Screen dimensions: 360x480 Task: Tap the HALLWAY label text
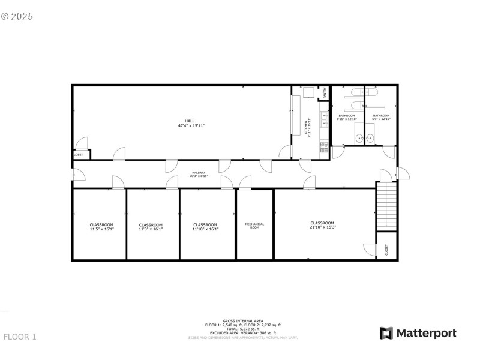point(198,173)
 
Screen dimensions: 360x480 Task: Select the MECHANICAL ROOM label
point(254,226)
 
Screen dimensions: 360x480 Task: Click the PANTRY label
point(325,92)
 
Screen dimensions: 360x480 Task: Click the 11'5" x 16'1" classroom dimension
point(101,229)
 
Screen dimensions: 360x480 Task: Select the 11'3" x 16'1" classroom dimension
point(151,229)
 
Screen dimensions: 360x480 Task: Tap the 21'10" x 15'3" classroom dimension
point(322,227)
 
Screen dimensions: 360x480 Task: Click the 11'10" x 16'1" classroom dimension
point(205,229)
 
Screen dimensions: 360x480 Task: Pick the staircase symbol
point(386,206)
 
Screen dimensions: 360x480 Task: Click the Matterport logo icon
point(386,333)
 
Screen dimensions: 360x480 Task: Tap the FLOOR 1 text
point(20,337)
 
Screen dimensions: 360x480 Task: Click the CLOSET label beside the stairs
point(386,249)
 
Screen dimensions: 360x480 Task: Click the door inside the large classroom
point(368,248)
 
